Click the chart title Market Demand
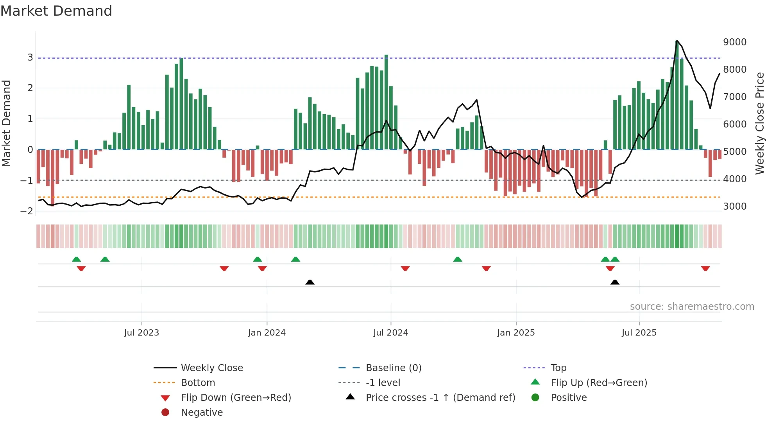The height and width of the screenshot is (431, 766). coord(56,11)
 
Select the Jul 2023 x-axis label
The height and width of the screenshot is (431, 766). coord(141,333)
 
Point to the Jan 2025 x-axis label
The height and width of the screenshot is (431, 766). coord(516,333)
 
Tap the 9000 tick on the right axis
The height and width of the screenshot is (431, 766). coord(735,42)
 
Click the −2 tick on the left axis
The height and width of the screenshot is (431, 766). coord(27,211)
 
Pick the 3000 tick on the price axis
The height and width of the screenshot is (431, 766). coord(735,207)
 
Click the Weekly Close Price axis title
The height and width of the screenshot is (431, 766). coord(759,123)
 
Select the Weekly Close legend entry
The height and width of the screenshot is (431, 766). coord(211,368)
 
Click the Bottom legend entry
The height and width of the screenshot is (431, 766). coord(198,383)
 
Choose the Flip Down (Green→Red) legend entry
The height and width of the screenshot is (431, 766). coord(236,398)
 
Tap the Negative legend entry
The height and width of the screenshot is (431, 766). coord(202,413)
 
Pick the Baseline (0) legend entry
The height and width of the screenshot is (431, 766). coord(393,368)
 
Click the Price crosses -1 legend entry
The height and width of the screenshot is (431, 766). coord(440,398)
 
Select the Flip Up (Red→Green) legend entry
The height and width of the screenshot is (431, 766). coord(599,383)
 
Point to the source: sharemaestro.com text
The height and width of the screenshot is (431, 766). coord(692,307)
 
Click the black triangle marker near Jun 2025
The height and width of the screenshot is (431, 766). coord(615,282)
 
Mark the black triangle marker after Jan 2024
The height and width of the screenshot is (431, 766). coord(310,282)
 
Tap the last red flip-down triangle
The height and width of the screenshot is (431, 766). coord(705,268)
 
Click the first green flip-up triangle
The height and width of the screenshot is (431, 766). coord(77,259)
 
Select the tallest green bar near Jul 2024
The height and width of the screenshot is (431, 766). coord(386,102)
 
